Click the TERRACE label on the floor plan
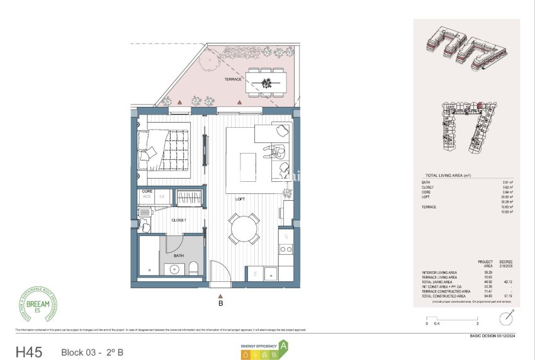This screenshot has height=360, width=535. [x=233, y=80]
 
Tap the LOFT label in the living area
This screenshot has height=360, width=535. [x=240, y=199]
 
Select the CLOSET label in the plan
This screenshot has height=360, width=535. [x=178, y=220]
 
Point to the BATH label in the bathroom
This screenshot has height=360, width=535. [x=178, y=256]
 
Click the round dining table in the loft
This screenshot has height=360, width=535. [x=244, y=229]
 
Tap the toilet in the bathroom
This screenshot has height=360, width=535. [x=193, y=269]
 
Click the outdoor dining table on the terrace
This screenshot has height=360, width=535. [x=266, y=82]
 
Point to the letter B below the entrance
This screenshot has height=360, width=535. [x=220, y=303]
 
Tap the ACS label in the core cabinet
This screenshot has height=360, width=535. [x=147, y=196]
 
